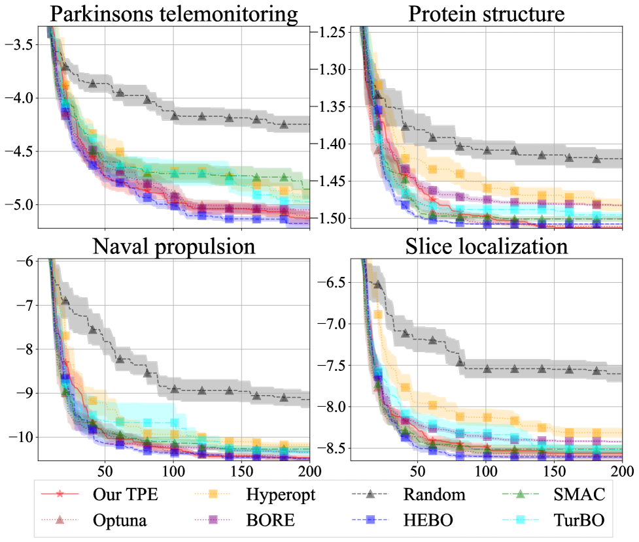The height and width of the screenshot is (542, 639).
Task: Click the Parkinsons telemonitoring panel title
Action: (173, 14)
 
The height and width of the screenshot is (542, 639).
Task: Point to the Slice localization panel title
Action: (487, 247)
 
